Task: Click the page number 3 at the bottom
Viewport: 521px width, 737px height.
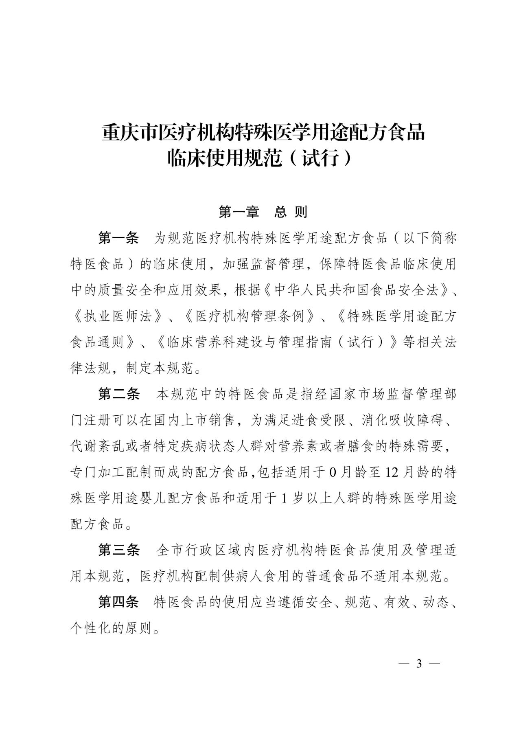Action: [x=418, y=664]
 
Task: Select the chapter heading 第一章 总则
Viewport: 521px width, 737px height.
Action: [x=263, y=212]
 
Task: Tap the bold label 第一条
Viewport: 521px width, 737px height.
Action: [x=118, y=238]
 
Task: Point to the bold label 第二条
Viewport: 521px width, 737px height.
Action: [x=119, y=394]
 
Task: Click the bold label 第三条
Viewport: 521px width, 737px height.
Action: [x=119, y=551]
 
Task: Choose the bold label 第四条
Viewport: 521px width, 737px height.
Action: [x=118, y=602]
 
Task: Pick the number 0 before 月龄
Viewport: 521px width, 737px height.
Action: [x=333, y=472]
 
